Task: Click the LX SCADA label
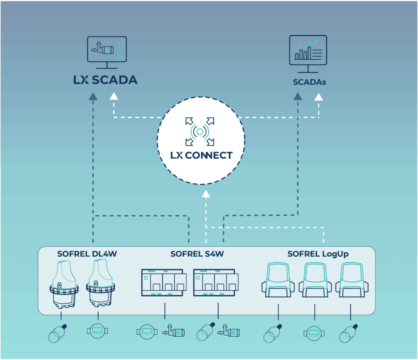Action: [105, 80]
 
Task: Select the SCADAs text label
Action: [309, 82]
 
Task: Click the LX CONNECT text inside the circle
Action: [201, 156]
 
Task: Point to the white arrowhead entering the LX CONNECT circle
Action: [206, 193]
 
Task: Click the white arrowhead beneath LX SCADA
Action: [113, 96]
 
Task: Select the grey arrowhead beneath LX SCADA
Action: [93, 96]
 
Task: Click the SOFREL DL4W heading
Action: [87, 254]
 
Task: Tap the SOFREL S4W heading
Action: [197, 254]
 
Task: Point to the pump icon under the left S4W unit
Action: [173, 331]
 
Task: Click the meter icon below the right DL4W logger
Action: [98, 331]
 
